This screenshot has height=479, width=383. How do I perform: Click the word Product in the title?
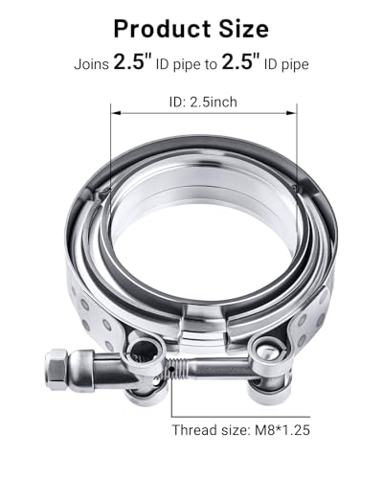pyautogui.click(x=162, y=29)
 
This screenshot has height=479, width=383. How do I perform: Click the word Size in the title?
pyautogui.click(x=243, y=29)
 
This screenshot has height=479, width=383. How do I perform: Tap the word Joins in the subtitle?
pyautogui.click(x=92, y=64)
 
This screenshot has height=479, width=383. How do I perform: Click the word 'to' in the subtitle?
pyautogui.click(x=211, y=65)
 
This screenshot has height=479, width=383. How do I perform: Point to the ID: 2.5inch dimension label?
pyautogui.click(x=203, y=103)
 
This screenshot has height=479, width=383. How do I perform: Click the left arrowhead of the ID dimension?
pyautogui.click(x=115, y=112)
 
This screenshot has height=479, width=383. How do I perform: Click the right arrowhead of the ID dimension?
pyautogui.click(x=292, y=112)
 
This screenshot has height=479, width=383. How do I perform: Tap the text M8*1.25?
pyautogui.click(x=282, y=430)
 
